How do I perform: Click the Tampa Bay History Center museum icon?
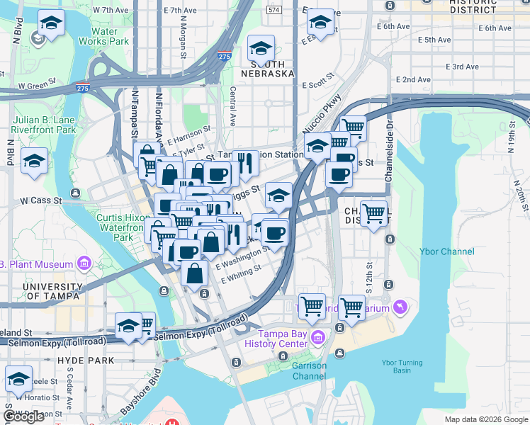point(319,335)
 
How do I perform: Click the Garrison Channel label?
point(310,370)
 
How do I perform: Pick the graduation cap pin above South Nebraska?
point(261,50)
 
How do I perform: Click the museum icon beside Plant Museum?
point(85,264)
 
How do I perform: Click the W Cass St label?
point(42,200)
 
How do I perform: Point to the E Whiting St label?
point(242,273)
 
